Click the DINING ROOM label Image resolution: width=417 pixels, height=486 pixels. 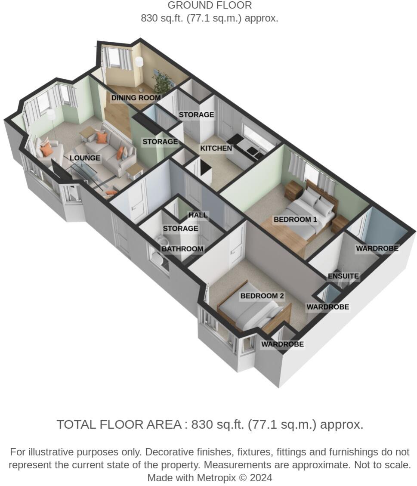(x=136, y=98)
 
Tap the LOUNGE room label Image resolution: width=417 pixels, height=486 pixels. (x=85, y=158)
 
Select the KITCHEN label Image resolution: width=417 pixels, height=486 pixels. (x=216, y=149)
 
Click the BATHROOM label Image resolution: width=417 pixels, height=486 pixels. (x=182, y=249)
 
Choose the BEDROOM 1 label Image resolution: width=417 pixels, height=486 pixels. (x=295, y=220)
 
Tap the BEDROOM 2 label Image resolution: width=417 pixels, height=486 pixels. (x=262, y=296)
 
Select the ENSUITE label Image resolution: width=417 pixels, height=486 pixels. (x=343, y=276)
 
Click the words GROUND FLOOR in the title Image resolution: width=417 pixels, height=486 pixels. (x=209, y=6)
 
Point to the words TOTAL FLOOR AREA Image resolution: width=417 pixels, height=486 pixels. (x=119, y=424)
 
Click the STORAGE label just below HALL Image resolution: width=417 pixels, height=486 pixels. (x=180, y=229)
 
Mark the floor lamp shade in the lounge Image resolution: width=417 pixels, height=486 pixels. (x=51, y=115)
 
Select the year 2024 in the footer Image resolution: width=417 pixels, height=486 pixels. (x=260, y=477)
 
